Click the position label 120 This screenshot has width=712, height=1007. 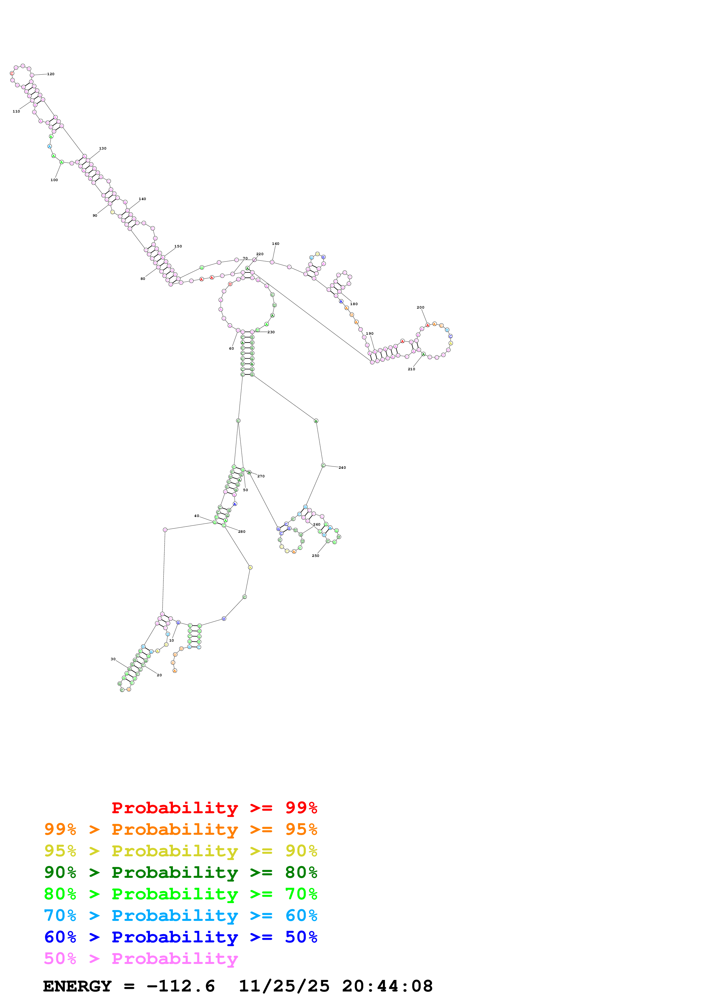click(x=51, y=74)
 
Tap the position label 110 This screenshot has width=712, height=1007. click(x=16, y=111)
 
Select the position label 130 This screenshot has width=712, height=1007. click(x=103, y=148)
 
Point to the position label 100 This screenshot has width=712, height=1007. click(x=54, y=180)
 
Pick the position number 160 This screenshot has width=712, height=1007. click(x=275, y=243)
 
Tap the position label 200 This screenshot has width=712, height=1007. click(x=420, y=307)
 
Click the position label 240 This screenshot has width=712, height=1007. click(x=342, y=468)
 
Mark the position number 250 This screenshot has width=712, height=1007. click(x=315, y=556)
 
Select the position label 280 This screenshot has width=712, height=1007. click(x=242, y=532)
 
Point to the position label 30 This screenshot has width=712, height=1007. click(x=113, y=659)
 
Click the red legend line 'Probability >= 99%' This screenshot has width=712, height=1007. click(x=214, y=807)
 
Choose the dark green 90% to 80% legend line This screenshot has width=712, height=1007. click(x=181, y=872)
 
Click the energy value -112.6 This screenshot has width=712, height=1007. click(x=180, y=986)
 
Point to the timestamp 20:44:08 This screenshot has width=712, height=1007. click(x=387, y=986)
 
